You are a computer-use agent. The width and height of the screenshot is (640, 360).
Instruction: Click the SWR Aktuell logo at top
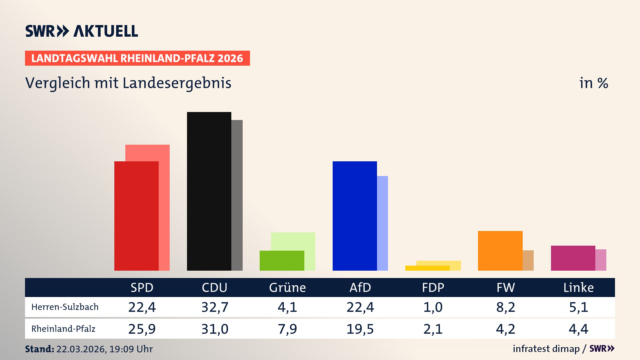81,31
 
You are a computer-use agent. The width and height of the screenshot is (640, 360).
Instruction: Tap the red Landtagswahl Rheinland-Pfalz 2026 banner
137,58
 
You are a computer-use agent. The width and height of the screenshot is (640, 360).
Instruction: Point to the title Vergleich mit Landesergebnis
128,83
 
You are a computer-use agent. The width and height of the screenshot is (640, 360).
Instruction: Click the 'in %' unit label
593,83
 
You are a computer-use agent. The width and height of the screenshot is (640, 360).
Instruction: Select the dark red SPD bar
136,216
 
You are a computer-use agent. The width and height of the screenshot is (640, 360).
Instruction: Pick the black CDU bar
209,191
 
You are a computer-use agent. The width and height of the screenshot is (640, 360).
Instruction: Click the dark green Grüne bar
282,260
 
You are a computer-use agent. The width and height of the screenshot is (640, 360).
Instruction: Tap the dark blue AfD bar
355,216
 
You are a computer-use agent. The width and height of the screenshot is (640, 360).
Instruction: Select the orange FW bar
500,250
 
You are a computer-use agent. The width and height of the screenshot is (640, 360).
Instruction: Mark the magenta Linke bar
573,258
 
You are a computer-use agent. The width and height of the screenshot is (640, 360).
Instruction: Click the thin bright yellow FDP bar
427,268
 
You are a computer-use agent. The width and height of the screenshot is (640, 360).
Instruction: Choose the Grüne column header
287,288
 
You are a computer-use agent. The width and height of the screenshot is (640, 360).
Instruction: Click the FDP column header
433,288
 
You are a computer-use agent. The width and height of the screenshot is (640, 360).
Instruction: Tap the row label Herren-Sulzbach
65,307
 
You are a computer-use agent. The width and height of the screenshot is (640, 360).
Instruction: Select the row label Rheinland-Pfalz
63,329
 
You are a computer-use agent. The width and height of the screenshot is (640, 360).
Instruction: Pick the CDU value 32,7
215,307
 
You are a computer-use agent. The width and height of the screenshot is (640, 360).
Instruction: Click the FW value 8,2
506,307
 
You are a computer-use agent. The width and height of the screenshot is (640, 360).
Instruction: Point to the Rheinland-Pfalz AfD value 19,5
360,329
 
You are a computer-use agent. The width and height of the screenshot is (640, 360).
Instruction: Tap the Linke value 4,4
578,329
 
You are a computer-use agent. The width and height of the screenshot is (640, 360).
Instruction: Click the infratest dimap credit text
546,349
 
